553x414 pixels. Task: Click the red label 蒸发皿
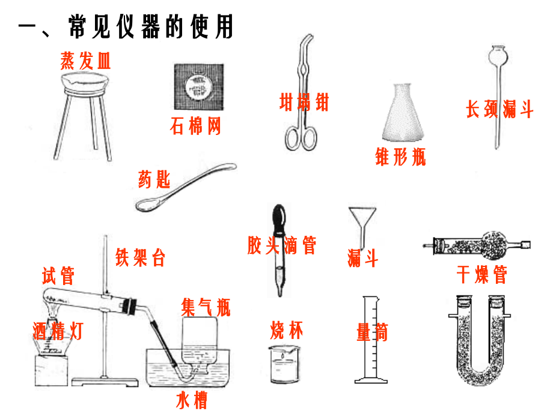pos(86,61)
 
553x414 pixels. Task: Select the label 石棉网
pos(196,127)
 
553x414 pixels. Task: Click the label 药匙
pos(154,179)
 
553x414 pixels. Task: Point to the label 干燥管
pos(482,274)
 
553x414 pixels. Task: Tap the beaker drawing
pos(284,365)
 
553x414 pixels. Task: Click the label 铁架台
pos(140,257)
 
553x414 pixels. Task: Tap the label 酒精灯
pos(58,330)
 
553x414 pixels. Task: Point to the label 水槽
pos(192,400)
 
